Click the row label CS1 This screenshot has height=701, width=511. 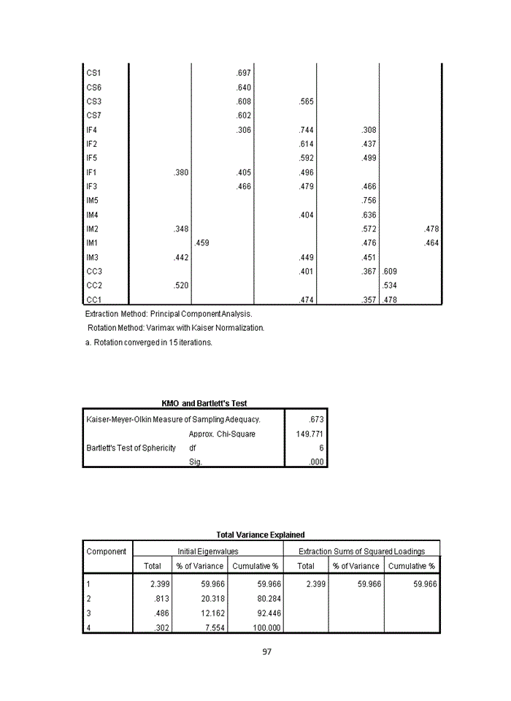[x=93, y=73]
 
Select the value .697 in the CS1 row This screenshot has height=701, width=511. [x=244, y=73]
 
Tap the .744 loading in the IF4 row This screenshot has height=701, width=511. [x=307, y=130]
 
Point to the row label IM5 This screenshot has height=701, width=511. [x=93, y=201]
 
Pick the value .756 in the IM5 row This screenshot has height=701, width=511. [x=369, y=201]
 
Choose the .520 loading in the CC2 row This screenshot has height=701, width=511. [x=181, y=286]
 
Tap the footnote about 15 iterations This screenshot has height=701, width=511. [x=149, y=342]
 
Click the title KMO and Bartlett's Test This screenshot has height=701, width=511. [x=204, y=403]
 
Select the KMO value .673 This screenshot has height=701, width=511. [x=315, y=420]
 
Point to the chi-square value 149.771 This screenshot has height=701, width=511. [x=310, y=434]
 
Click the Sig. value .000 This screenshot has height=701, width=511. [x=315, y=462]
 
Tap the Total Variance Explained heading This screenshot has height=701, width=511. [x=260, y=535]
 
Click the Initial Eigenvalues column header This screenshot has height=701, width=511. [x=207, y=551]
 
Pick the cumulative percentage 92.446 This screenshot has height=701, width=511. [x=265, y=613]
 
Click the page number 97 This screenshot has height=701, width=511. [x=266, y=651]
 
